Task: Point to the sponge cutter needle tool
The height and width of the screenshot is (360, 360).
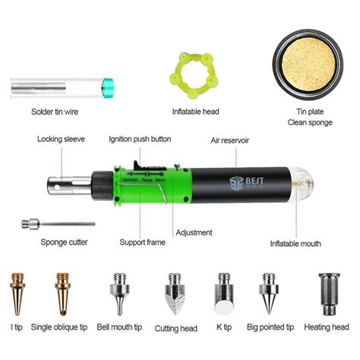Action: point(57,224)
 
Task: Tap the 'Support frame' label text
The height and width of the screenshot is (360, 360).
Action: point(142,242)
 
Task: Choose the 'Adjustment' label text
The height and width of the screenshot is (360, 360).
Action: point(196,232)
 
